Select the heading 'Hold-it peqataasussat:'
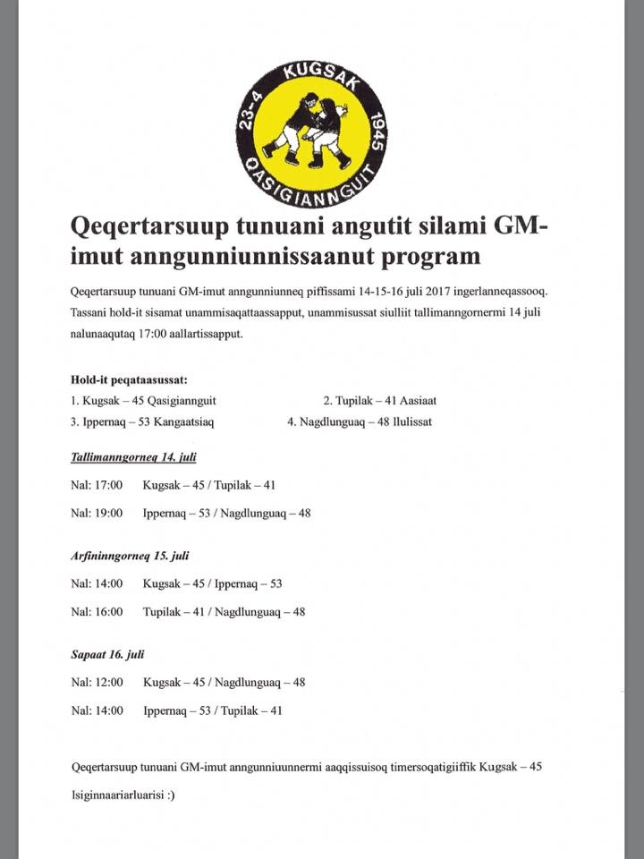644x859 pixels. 129,379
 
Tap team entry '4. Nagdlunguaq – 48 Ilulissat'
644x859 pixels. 360,421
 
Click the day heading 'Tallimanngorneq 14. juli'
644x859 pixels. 133,456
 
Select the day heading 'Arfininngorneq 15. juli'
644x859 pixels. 130,556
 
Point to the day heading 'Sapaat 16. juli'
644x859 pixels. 107,655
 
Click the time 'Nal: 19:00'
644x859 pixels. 97,514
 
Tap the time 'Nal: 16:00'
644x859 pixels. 97,612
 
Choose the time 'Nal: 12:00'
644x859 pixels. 97,682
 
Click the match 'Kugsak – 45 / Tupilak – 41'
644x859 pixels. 209,485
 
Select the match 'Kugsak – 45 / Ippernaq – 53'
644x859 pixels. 212,584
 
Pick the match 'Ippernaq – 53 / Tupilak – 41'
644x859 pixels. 212,710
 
